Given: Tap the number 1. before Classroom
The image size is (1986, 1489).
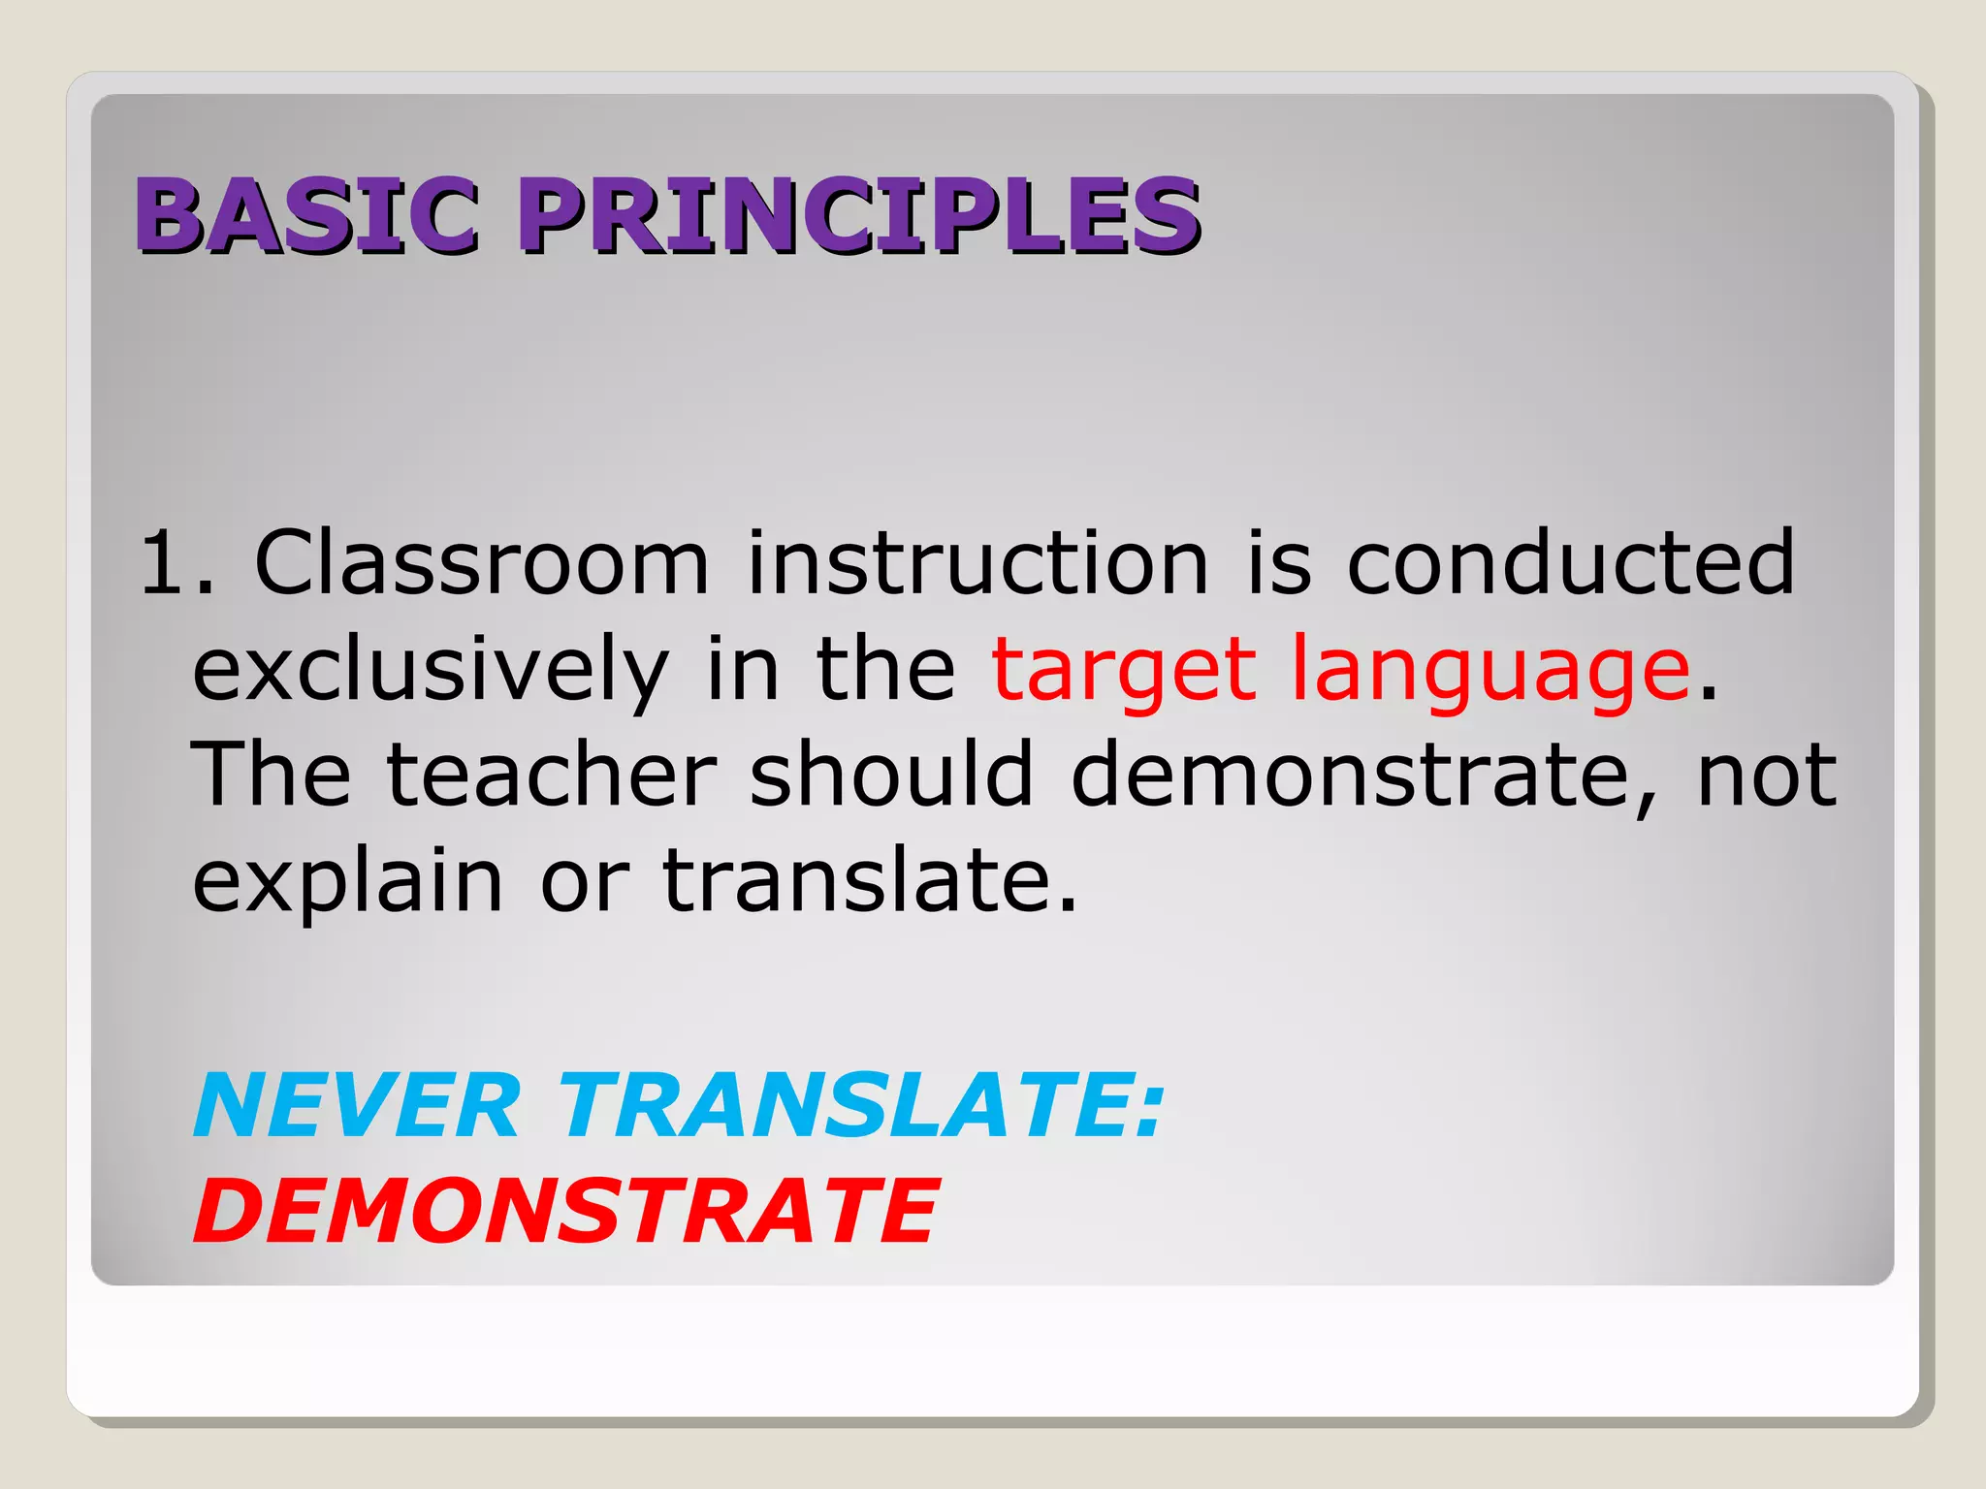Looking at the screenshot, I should pyautogui.click(x=176, y=562).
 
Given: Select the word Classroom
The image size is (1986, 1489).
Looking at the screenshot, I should pyautogui.click(x=481, y=562).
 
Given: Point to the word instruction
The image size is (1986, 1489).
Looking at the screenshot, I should pyautogui.click(x=977, y=562).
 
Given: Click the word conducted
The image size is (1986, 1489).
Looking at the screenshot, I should pyautogui.click(x=1571, y=562).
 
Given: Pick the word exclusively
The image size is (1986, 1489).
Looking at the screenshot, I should pyautogui.click(x=431, y=671).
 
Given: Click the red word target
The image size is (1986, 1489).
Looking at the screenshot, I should pyautogui.click(x=1124, y=671).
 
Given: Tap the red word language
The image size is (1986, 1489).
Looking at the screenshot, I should pyautogui.click(x=1490, y=671).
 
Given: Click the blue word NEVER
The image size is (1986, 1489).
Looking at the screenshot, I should pyautogui.click(x=357, y=1106).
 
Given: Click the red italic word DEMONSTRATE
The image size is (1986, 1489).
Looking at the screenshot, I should pyautogui.click(x=565, y=1212).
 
